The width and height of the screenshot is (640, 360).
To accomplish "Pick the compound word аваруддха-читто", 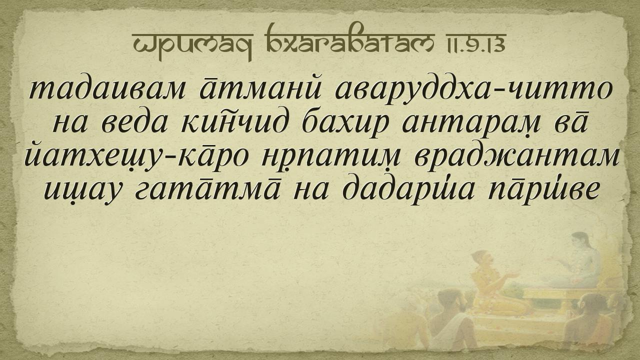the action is click(x=473, y=91).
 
